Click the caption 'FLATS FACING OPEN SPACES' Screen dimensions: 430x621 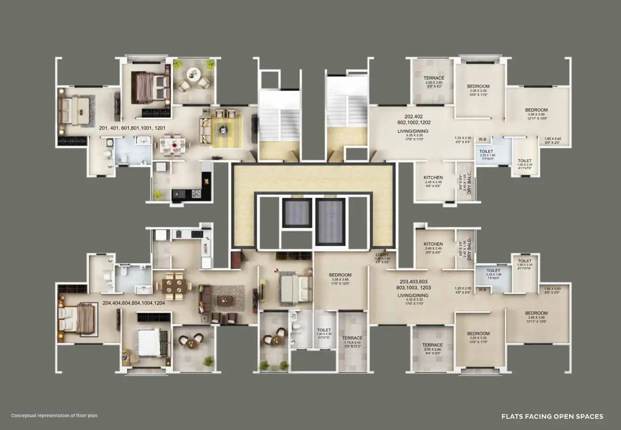pyautogui.click(x=552, y=416)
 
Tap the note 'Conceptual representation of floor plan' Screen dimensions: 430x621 pyautogui.click(x=54, y=415)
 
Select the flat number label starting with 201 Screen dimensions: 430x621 pyautogui.click(x=132, y=128)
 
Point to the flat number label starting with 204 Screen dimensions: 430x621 pyautogui.click(x=134, y=303)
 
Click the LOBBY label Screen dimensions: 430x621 pyautogui.click(x=382, y=255)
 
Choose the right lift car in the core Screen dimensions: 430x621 pyautogui.click(x=330, y=220)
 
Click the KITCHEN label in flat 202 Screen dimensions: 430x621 pyautogui.click(x=433, y=178)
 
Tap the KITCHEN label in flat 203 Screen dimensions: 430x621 pyautogui.click(x=433, y=244)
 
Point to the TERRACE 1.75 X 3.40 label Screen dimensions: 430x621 pyautogui.click(x=352, y=338)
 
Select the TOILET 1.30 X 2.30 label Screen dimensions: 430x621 pyautogui.click(x=324, y=330)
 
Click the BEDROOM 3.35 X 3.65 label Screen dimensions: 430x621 pyautogui.click(x=340, y=275)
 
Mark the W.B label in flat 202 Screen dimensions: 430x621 pyautogui.click(x=482, y=139)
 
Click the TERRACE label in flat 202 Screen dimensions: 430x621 pyautogui.click(x=433, y=78)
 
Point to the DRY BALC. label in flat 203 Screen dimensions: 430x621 pyautogui.click(x=469, y=249)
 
